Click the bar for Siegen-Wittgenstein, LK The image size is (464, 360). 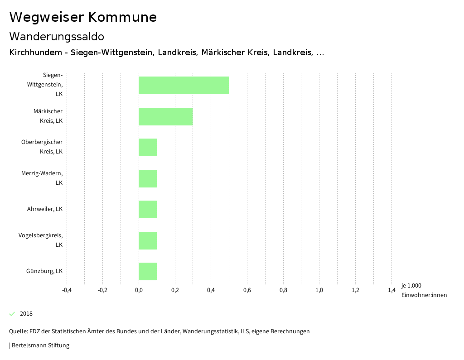pyautogui.click(x=184, y=85)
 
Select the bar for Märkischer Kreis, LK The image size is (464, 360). pyautogui.click(x=165, y=116)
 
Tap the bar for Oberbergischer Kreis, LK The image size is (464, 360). pyautogui.click(x=148, y=147)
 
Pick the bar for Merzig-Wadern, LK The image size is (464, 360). pyautogui.click(x=148, y=178)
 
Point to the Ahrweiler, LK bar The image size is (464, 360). pyautogui.click(x=148, y=209)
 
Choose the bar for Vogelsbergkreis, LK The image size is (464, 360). pyautogui.click(x=148, y=240)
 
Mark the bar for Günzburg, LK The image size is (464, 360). pyautogui.click(x=148, y=271)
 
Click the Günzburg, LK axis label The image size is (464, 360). pyautogui.click(x=44, y=271)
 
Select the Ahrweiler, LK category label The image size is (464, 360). pyautogui.click(x=45, y=209)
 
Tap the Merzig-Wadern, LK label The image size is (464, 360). pyautogui.click(x=42, y=178)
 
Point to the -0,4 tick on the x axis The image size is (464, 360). pyautogui.click(x=67, y=290)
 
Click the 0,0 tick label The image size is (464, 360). pyautogui.click(x=139, y=290)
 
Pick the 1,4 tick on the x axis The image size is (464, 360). pyautogui.click(x=391, y=290)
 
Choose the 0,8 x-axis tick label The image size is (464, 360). pyautogui.click(x=283, y=290)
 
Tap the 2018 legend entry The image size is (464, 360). pyautogui.click(x=26, y=314)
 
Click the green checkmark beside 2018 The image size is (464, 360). pyautogui.click(x=12, y=314)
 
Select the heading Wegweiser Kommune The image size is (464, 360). pyautogui.click(x=83, y=17)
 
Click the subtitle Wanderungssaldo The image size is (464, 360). pyautogui.click(x=57, y=36)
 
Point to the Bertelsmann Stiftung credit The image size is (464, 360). pyautogui.click(x=40, y=346)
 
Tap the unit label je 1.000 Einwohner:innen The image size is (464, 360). pyautogui.click(x=424, y=290)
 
